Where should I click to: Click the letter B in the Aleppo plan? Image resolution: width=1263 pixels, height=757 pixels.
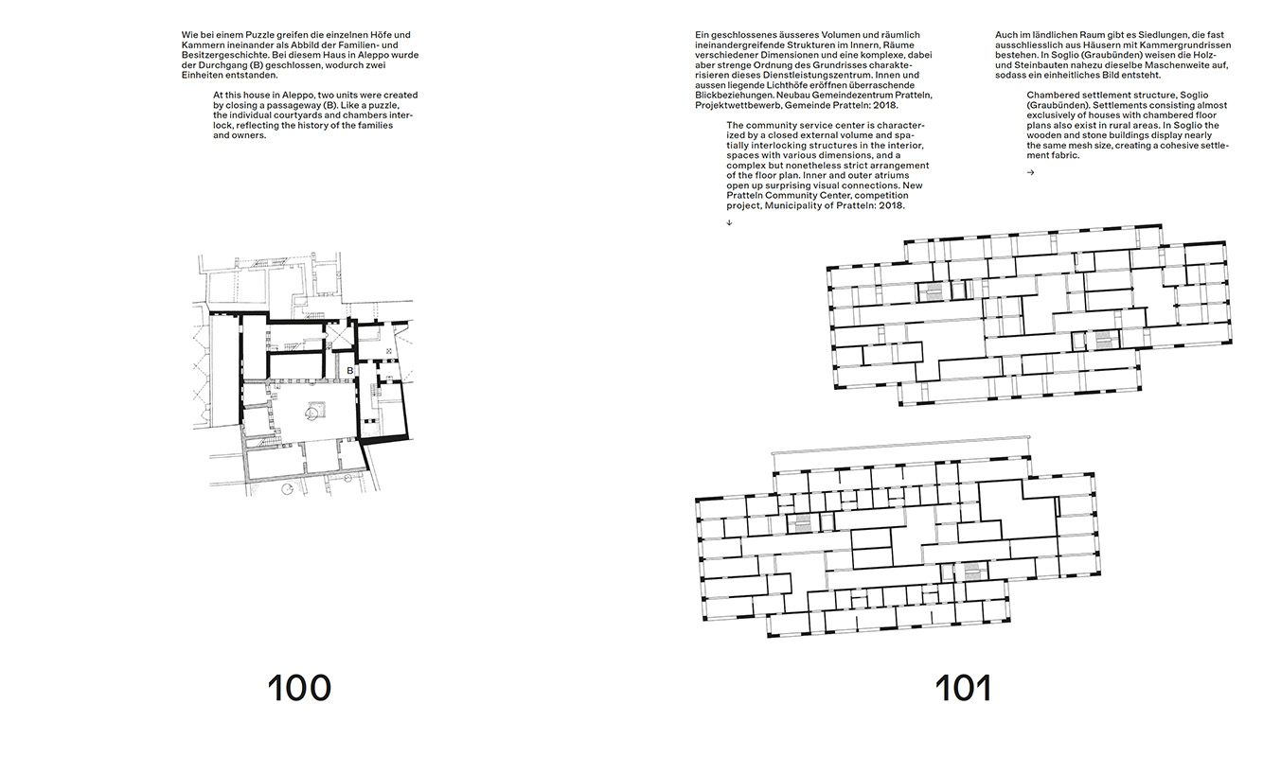pyautogui.click(x=349, y=371)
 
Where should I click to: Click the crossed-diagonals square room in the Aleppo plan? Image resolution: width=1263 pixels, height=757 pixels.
pyautogui.click(x=341, y=337)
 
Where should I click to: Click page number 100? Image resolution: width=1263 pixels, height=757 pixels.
pyautogui.click(x=299, y=688)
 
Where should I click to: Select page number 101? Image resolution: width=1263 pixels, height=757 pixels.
pyautogui.click(x=964, y=688)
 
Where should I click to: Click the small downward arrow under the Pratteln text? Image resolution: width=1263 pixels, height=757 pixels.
pyautogui.click(x=729, y=222)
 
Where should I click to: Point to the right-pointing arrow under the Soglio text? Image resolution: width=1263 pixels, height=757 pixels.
pyautogui.click(x=1031, y=172)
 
